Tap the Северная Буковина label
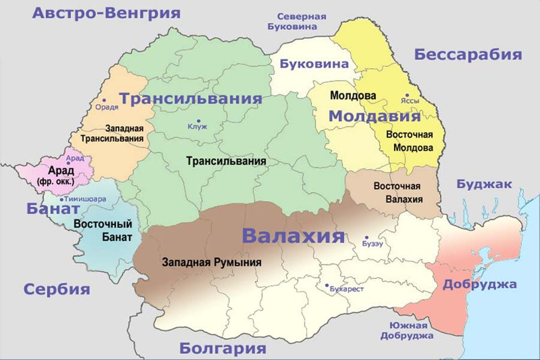click(297, 21)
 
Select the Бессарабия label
click(468, 54)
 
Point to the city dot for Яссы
click(407, 95)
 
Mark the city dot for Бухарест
click(327, 285)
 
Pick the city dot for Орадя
click(104, 100)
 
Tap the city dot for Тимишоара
click(61, 199)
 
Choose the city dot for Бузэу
click(367, 237)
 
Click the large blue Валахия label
click(293, 236)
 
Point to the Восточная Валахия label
click(397, 193)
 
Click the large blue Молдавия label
click(374, 117)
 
